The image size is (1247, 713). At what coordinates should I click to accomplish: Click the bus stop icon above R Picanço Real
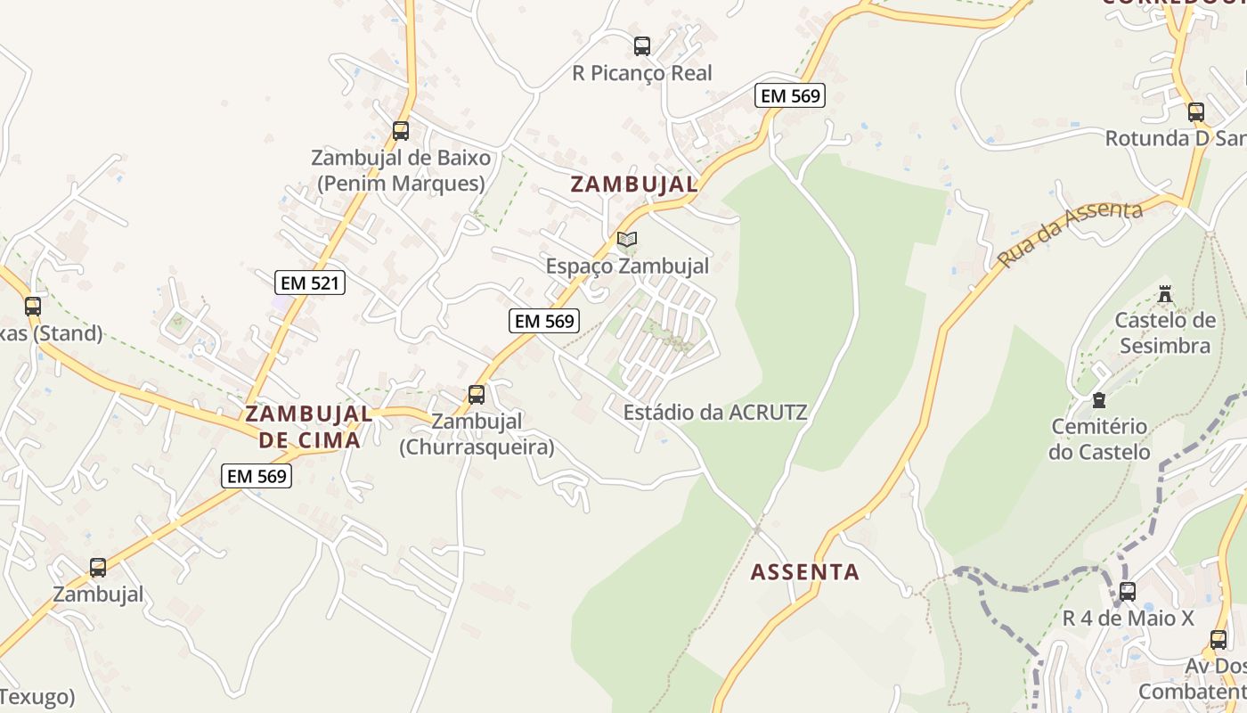[641, 46]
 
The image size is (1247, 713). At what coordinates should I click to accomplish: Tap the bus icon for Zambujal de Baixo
[401, 131]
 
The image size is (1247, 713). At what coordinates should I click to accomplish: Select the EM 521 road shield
[310, 283]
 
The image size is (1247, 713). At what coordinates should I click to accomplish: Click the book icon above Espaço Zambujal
[627, 239]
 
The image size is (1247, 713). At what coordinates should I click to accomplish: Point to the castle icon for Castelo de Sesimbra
[1164, 293]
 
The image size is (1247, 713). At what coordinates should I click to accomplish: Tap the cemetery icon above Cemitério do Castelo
[1099, 400]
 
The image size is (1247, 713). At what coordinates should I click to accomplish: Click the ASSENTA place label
[805, 572]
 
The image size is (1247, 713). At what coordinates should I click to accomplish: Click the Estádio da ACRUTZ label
[715, 413]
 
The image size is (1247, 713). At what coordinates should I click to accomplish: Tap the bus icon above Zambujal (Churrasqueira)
[477, 394]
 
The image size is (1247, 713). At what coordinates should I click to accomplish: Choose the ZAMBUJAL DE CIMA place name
[309, 427]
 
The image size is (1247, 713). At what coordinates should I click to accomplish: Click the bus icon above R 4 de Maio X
[1127, 591]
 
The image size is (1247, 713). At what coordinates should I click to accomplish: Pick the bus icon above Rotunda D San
[1196, 112]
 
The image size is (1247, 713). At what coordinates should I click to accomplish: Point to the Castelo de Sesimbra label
[1164, 332]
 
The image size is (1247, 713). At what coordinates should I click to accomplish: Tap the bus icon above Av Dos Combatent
[1218, 639]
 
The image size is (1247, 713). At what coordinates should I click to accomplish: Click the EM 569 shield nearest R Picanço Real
[790, 95]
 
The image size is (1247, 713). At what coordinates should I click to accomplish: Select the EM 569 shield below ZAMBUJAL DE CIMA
[257, 476]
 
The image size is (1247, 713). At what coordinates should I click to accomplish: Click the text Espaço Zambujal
[627, 266]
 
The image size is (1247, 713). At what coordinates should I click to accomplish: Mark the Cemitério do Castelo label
[1099, 438]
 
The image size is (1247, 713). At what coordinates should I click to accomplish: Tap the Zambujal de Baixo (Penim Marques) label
[401, 170]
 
